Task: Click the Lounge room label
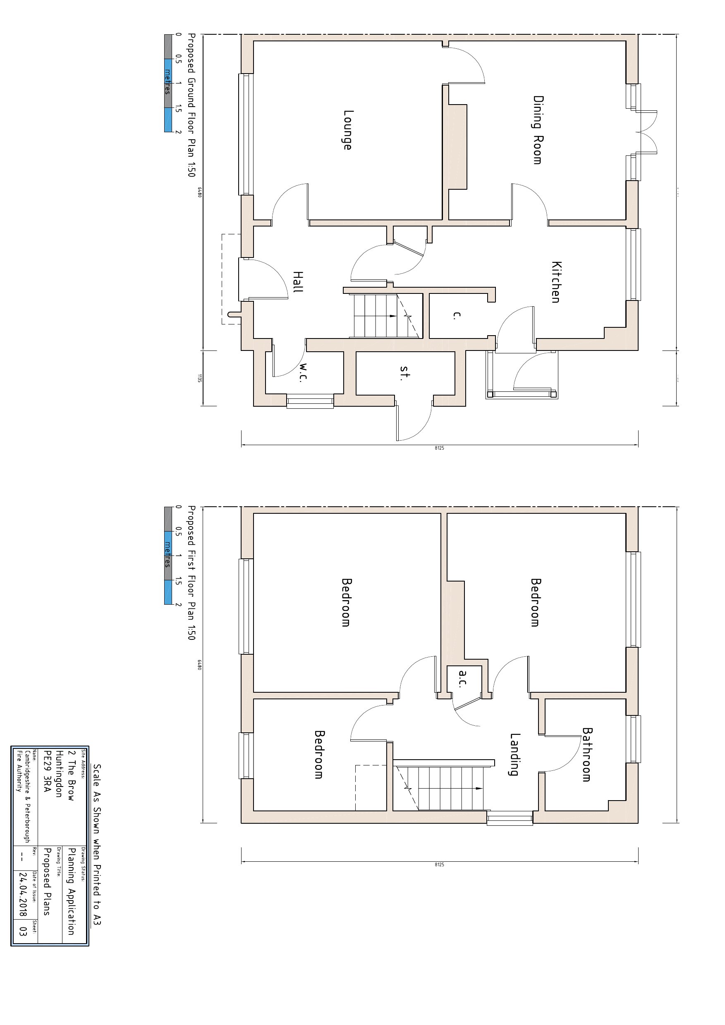347,130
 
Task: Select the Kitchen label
556,282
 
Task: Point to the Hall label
297,282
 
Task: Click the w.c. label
303,373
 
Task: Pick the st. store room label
404,372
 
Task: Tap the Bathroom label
586,754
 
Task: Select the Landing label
514,754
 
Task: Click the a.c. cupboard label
463,679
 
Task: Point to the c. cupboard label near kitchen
456,315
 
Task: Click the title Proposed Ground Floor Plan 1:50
191,105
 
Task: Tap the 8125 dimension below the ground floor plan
439,448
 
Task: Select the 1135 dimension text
199,378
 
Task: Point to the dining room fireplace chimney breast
457,147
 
